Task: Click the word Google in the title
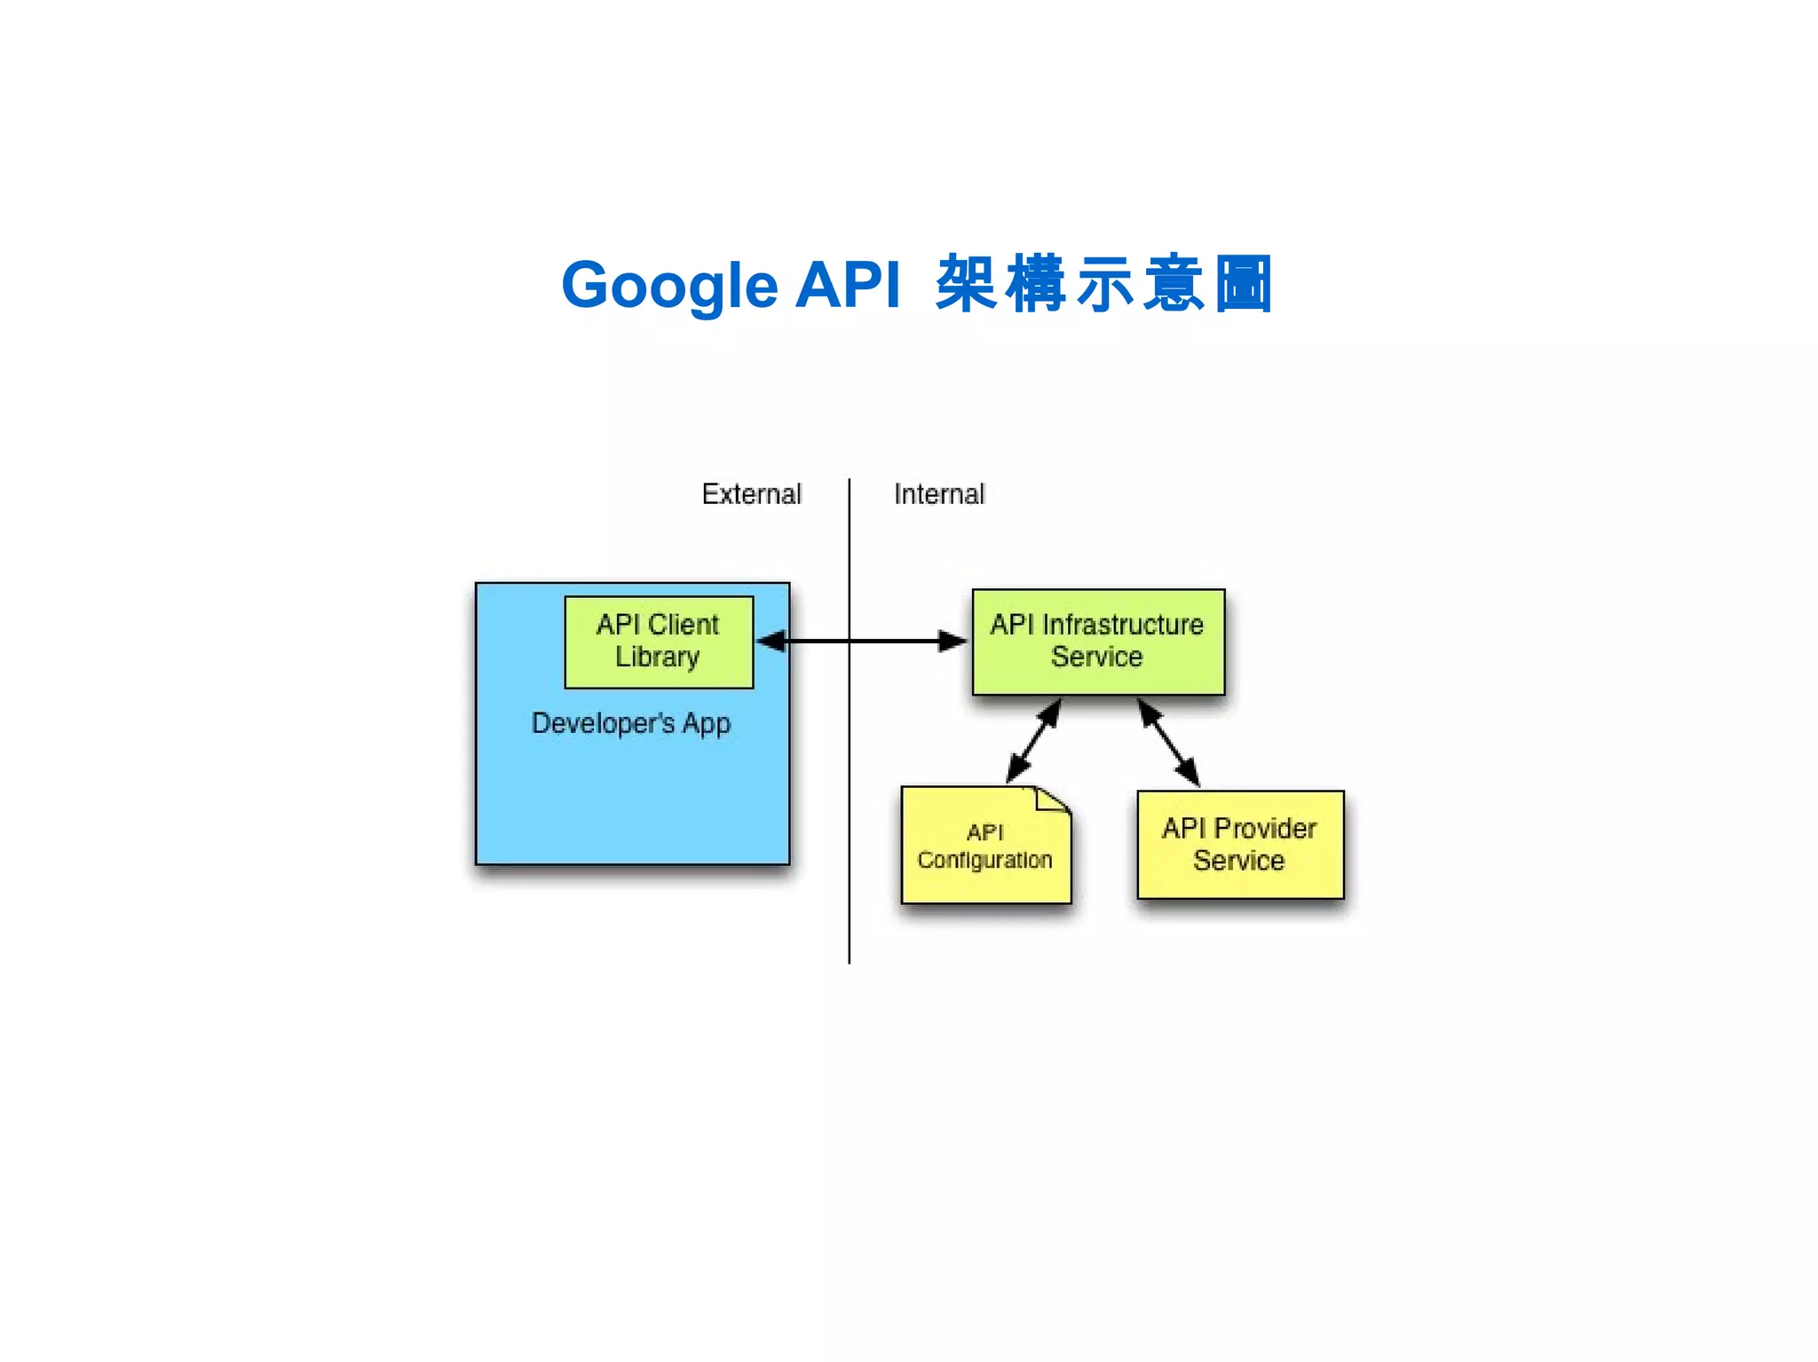[x=669, y=286]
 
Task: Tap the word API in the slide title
[x=848, y=286]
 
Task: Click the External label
[x=751, y=494]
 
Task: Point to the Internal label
[x=939, y=494]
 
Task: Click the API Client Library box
[x=659, y=642]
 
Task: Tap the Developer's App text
[x=630, y=723]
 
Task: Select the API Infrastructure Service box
[x=1098, y=642]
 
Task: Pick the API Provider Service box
[x=1240, y=845]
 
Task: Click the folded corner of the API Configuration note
[x=1053, y=799]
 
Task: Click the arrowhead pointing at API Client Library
[x=771, y=641]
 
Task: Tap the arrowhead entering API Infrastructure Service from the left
[x=952, y=641]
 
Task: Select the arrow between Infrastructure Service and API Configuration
[x=1034, y=741]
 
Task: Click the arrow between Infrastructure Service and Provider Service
[x=1168, y=742]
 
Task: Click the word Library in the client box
[x=657, y=657]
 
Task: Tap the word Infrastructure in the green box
[x=1123, y=625]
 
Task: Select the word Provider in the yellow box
[x=1265, y=829]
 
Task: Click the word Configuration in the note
[x=984, y=860]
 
